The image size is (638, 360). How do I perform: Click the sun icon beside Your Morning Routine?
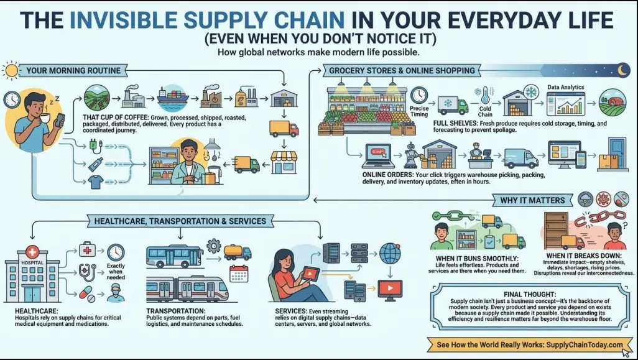[x=11, y=71]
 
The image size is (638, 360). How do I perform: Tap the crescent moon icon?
[x=622, y=70]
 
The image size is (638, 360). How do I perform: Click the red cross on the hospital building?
[x=32, y=251]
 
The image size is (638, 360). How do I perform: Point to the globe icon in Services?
[x=390, y=253]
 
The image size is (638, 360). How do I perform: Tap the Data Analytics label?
[x=566, y=87]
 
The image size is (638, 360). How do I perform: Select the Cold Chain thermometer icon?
[x=484, y=96]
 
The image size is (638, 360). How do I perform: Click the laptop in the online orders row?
[x=379, y=156]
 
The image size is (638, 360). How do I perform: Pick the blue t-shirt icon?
[x=96, y=182]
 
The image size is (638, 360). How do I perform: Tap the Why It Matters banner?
[x=532, y=200]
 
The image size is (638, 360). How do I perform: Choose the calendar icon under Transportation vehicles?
[x=239, y=274]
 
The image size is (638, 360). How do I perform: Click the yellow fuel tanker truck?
[x=238, y=252]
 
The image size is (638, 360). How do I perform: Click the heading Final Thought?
[x=530, y=294]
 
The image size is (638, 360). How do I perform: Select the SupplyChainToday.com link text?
[x=585, y=344]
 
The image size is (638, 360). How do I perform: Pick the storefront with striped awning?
[x=284, y=162]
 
